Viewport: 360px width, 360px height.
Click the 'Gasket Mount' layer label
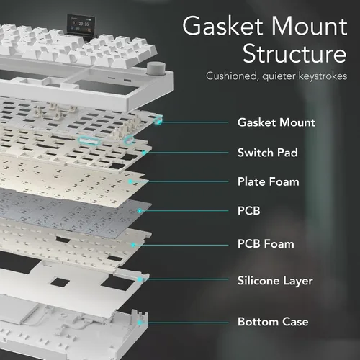click(x=276, y=122)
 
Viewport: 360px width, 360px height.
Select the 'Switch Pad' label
click(x=268, y=153)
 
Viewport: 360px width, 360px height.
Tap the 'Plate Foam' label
click(x=269, y=181)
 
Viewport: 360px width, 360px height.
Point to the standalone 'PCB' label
click(x=249, y=211)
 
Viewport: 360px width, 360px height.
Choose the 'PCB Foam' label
click(x=266, y=244)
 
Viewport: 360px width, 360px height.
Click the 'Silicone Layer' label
click(x=275, y=281)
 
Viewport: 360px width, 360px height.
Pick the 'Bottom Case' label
click(x=273, y=322)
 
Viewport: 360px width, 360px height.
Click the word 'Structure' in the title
click(x=294, y=53)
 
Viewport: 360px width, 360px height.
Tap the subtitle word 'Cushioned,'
click(x=232, y=76)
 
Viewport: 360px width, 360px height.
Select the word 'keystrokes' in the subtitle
click(x=323, y=76)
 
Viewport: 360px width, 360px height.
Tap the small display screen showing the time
click(x=81, y=24)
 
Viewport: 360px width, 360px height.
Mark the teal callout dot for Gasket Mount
click(x=159, y=122)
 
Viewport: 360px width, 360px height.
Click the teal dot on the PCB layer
click(x=140, y=211)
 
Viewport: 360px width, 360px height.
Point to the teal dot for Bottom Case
click(x=140, y=323)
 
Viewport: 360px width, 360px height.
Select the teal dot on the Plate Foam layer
click(x=130, y=181)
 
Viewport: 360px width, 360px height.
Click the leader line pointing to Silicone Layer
click(x=187, y=279)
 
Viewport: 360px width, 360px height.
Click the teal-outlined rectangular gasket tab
click(x=89, y=140)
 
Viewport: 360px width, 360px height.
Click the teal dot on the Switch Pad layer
click(x=144, y=153)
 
